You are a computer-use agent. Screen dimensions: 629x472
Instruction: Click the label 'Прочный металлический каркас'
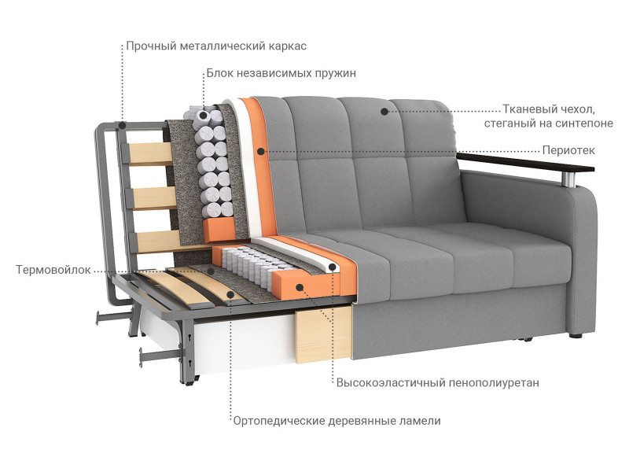[x=216, y=46]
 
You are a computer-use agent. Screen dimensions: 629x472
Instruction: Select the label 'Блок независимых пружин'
[x=281, y=73]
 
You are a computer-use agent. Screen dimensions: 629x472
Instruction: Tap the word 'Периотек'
[x=568, y=150]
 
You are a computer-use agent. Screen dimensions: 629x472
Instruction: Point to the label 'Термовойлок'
[x=53, y=270]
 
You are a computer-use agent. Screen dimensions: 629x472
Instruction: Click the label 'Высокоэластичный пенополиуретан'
[x=438, y=383]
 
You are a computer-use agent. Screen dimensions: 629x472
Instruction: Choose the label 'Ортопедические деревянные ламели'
[x=337, y=421]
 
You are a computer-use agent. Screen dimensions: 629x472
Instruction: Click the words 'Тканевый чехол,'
[x=549, y=109]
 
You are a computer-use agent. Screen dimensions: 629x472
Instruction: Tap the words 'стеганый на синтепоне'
[x=548, y=124]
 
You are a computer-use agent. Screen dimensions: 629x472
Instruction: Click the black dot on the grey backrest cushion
[x=384, y=112]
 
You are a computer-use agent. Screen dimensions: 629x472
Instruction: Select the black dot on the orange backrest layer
[x=261, y=152]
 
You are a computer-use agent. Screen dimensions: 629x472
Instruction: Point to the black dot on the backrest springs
[x=204, y=116]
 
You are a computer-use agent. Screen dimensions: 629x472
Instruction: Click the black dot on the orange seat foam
[x=300, y=287]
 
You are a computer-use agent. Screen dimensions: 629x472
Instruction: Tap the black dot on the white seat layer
[x=332, y=267]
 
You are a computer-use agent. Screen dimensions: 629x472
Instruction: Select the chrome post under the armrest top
[x=572, y=179]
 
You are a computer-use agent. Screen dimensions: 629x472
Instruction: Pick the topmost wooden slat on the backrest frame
[x=149, y=153]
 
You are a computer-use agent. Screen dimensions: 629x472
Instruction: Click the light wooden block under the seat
[x=324, y=336]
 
